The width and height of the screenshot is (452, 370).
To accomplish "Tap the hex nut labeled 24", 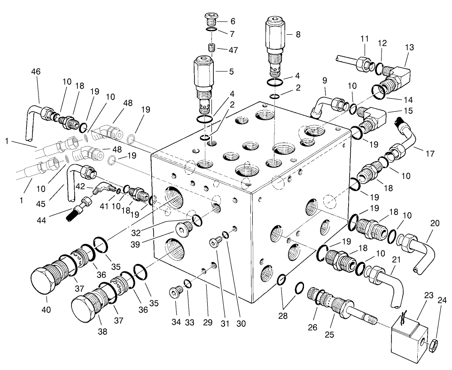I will coord(433,346).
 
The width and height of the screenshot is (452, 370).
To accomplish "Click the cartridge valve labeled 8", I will coord(275,42).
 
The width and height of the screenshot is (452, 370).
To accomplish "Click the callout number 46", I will coord(36,72).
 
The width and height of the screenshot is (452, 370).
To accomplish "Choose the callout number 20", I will coord(435,223).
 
